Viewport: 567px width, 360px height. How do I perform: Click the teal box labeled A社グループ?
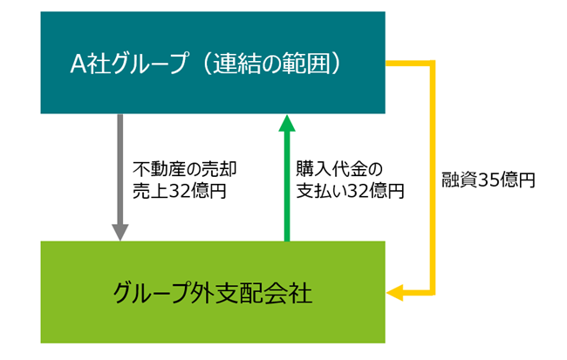click(213, 63)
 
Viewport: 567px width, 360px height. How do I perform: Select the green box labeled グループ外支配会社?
click(213, 291)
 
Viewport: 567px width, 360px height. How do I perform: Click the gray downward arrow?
click(120, 174)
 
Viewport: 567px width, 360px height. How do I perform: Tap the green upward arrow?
click(285, 183)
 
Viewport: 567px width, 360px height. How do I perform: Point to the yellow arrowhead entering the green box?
click(394, 294)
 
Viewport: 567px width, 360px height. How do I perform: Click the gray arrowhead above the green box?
click(120, 232)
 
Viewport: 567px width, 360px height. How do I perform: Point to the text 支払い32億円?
click(350, 192)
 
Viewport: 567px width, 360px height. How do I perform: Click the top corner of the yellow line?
click(431, 64)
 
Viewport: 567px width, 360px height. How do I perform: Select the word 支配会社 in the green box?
click(263, 291)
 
